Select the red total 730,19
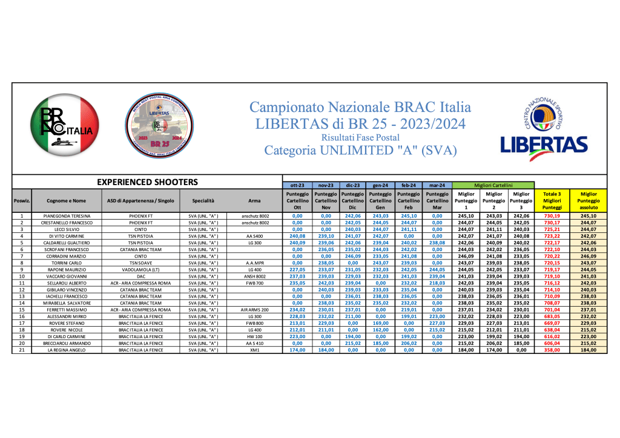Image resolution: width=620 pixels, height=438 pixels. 551,216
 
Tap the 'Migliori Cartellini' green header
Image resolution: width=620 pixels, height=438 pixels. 493,185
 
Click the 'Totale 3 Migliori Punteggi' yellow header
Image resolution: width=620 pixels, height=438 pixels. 551,200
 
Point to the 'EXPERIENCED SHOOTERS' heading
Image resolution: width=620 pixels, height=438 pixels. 148,181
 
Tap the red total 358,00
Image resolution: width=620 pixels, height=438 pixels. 551,350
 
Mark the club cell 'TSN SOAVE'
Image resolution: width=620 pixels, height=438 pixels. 141,263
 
